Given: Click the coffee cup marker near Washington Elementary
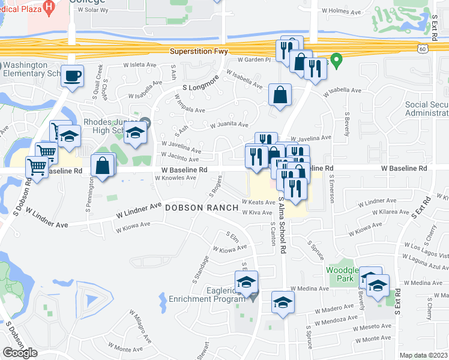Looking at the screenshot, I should click(x=72, y=76).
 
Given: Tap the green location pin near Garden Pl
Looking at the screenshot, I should click(x=337, y=59).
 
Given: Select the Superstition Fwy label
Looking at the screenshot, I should click(x=199, y=52).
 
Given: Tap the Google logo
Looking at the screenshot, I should click(x=20, y=353).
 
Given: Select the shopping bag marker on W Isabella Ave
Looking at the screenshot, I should click(x=280, y=95).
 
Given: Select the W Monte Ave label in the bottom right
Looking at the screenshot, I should click(x=373, y=339).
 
